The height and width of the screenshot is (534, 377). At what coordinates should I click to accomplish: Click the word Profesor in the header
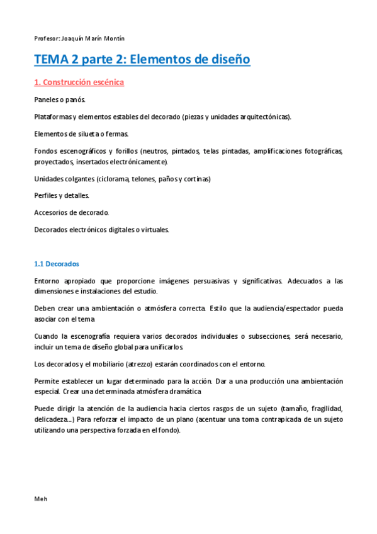click(x=46, y=38)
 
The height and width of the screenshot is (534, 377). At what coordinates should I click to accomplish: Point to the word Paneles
click(x=47, y=100)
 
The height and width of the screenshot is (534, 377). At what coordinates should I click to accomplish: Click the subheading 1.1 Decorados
click(x=57, y=264)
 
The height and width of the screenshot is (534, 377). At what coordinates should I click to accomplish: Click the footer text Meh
click(x=40, y=499)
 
